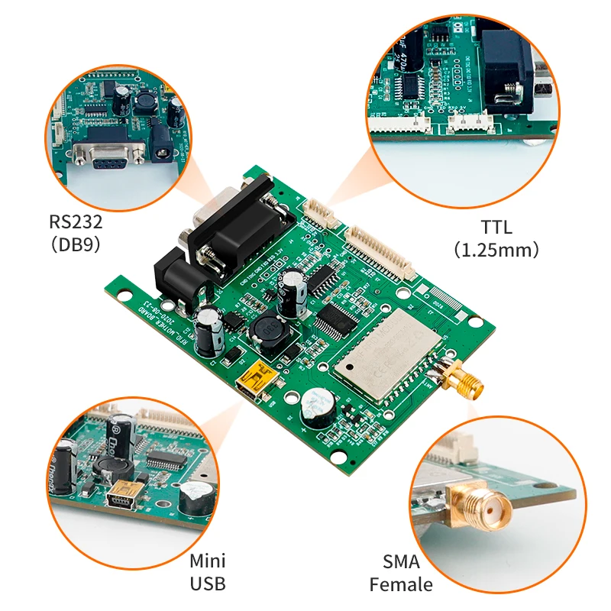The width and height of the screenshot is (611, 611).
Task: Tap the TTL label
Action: [x=496, y=227]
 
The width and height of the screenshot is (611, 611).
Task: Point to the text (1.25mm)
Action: [x=496, y=250]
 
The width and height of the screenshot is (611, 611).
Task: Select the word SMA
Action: [x=401, y=563]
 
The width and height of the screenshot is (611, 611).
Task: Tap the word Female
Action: [x=401, y=586]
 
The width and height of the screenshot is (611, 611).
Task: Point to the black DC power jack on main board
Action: [x=177, y=275]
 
